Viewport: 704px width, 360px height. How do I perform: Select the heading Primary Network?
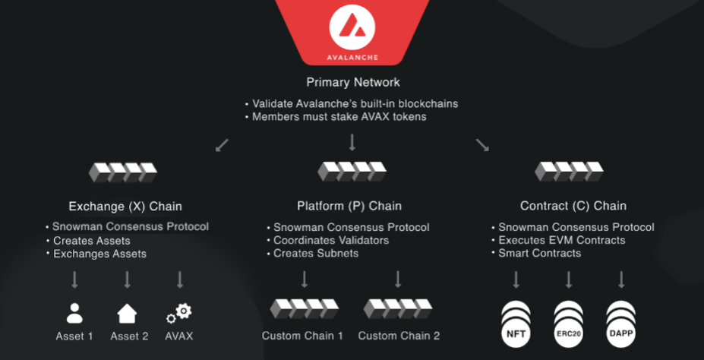[x=352, y=82]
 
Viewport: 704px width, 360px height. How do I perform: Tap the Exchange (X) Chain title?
[x=125, y=206]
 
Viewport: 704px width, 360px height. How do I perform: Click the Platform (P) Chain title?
[x=349, y=206]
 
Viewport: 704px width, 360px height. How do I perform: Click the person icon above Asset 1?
[x=74, y=313]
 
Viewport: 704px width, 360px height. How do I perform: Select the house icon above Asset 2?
[x=127, y=313]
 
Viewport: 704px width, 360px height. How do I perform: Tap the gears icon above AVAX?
[x=179, y=313]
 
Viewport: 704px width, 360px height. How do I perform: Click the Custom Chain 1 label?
[x=303, y=335]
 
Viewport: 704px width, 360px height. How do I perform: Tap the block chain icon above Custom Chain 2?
[x=399, y=308]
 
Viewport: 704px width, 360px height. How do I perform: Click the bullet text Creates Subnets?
[x=316, y=253]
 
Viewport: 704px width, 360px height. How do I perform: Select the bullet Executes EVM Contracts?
[x=562, y=240]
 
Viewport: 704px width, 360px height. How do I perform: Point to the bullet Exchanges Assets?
[x=99, y=253]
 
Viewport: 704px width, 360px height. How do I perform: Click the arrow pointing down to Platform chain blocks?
[x=352, y=143]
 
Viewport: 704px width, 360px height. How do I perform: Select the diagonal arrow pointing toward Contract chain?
[x=482, y=144]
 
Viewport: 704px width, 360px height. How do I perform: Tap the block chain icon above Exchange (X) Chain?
[x=124, y=172]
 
